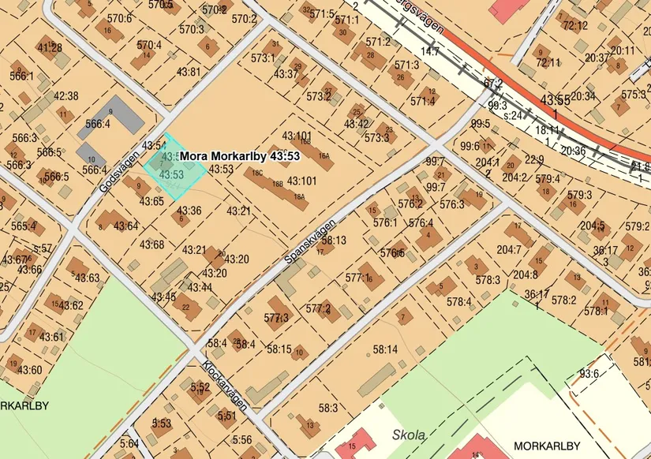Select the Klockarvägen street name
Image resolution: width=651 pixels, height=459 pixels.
pyautogui.click(x=226, y=386)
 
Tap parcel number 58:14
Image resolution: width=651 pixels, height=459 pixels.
pyautogui.click(x=385, y=349)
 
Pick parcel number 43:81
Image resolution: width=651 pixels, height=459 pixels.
pyautogui.click(x=189, y=72)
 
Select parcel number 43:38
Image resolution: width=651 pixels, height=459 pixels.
pyautogui.click(x=65, y=96)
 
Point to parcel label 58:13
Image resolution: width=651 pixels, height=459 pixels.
pyautogui.click(x=334, y=240)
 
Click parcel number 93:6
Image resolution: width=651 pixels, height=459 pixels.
pyautogui.click(x=589, y=374)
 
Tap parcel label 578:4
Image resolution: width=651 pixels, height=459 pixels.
pyautogui.click(x=459, y=301)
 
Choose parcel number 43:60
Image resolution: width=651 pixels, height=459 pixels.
pyautogui.click(x=29, y=370)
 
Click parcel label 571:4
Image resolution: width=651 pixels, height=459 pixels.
pyautogui.click(x=422, y=101)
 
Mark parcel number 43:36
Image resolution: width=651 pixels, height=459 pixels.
pyautogui.click(x=189, y=211)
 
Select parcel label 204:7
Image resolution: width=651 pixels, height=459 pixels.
pyautogui.click(x=508, y=250)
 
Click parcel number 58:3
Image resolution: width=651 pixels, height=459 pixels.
pyautogui.click(x=327, y=408)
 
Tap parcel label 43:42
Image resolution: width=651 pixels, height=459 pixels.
pyautogui.click(x=356, y=124)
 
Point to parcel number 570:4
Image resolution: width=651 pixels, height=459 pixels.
pyautogui.click(x=148, y=45)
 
